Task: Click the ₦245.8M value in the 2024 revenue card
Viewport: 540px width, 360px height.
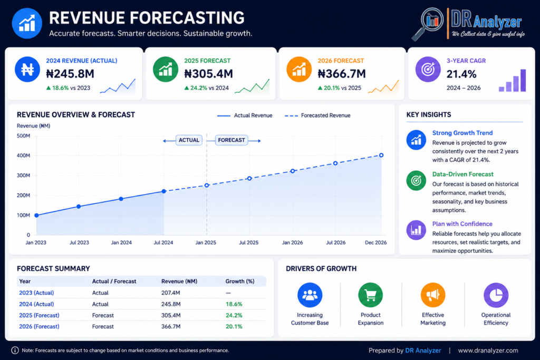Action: tap(70, 74)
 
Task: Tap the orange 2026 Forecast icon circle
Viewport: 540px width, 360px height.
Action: tap(299, 69)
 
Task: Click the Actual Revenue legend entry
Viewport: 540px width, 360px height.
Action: tap(245, 115)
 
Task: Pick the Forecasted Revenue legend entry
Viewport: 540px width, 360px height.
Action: tap(317, 115)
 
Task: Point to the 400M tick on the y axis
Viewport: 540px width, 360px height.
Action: tap(23, 155)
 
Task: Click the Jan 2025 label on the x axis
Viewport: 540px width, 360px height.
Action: tap(206, 242)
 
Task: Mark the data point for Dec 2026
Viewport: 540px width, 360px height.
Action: tap(381, 155)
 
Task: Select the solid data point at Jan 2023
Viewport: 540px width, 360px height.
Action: tap(36, 216)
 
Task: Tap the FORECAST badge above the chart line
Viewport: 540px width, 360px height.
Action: tap(232, 140)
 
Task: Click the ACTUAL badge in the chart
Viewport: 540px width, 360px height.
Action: tap(189, 140)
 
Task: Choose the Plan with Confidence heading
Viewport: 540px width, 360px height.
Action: tap(462, 223)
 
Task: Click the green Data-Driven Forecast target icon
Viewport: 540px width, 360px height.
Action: tap(416, 180)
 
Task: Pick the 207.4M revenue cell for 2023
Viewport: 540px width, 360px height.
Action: tap(171, 293)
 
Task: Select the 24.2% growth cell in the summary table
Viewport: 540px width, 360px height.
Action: tap(234, 315)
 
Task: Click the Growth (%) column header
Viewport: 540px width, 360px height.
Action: tap(240, 281)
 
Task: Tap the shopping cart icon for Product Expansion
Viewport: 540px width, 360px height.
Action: tap(371, 295)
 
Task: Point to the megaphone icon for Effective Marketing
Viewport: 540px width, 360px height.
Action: tap(433, 295)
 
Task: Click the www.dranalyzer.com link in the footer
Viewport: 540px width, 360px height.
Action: tap(488, 351)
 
